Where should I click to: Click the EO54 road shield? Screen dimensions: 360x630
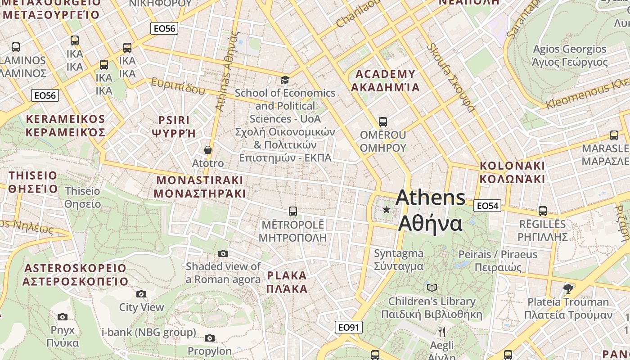[487, 206]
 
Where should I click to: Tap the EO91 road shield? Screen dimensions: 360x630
[349, 327]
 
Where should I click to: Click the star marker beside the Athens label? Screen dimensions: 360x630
[387, 209]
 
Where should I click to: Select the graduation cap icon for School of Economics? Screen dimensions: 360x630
[285, 80]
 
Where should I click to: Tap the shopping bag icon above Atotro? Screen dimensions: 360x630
[208, 149]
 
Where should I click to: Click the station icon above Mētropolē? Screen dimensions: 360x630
[293, 211]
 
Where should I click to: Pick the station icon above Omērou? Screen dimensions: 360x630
[383, 121]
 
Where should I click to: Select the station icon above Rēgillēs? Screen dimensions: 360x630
[543, 211]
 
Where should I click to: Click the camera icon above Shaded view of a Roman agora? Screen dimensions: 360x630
[223, 253]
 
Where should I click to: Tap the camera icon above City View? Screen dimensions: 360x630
[141, 294]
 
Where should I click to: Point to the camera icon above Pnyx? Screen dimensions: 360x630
[63, 317]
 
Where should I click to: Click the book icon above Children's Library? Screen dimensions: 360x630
[432, 287]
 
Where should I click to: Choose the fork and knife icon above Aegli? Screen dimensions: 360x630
[442, 332]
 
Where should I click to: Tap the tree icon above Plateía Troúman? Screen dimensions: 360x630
[568, 288]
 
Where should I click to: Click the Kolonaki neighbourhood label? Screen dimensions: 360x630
[512, 172]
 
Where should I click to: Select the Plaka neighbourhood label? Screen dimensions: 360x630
[287, 282]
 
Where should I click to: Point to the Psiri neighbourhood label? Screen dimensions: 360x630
[174, 126]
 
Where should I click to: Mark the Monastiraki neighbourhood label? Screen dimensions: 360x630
[200, 187]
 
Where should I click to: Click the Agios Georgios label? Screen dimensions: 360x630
[570, 55]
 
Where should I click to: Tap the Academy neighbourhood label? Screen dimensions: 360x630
[385, 81]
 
